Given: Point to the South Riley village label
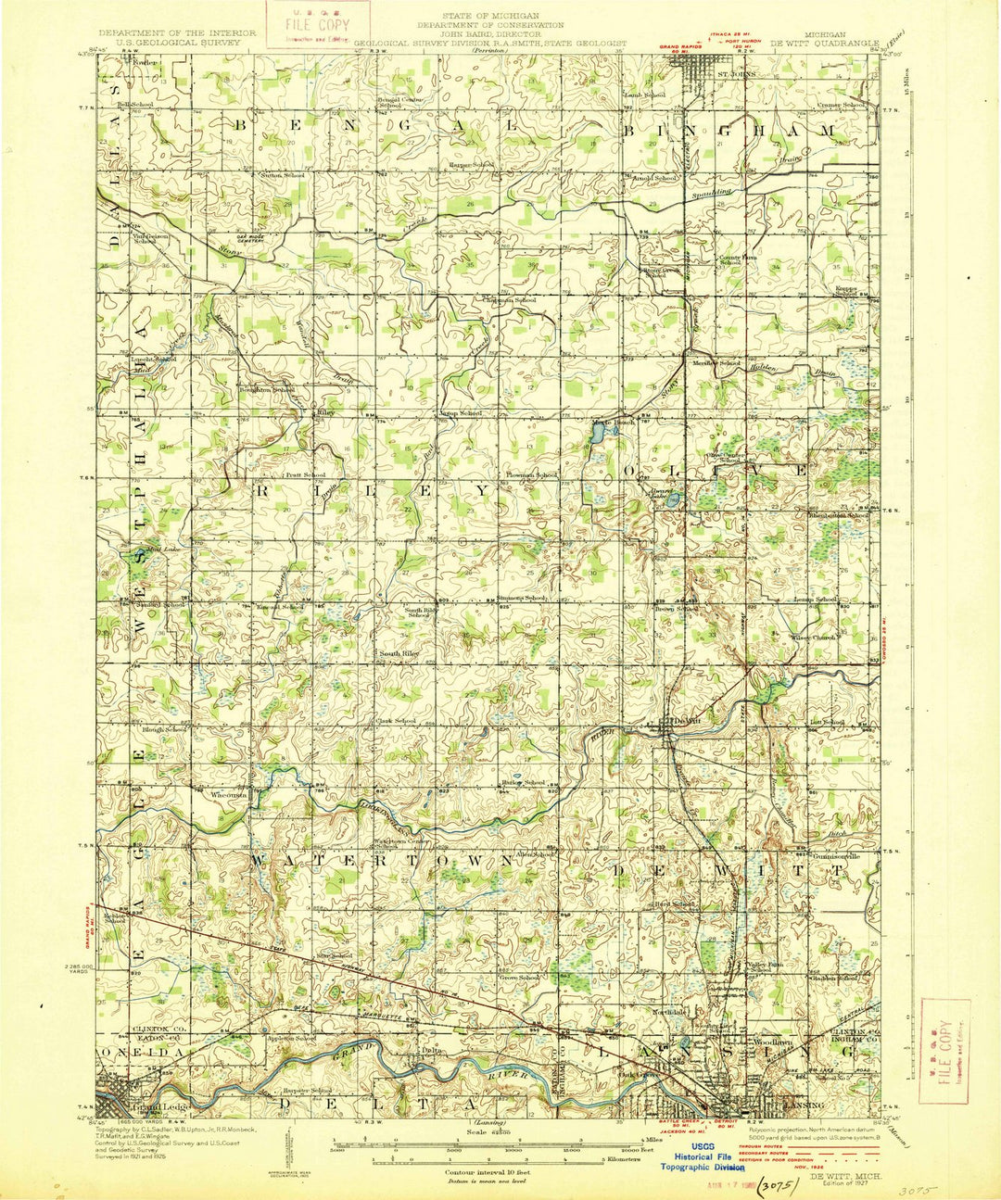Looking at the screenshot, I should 399,653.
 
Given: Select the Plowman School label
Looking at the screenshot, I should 531,474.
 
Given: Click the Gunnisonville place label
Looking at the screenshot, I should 839,856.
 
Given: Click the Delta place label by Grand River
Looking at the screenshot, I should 428,1050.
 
